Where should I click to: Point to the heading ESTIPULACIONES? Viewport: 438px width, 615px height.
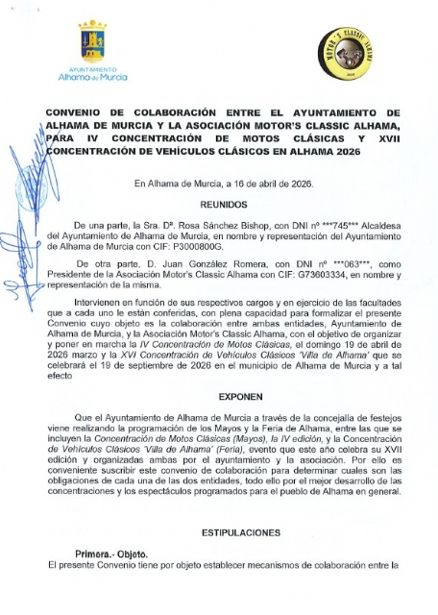241,531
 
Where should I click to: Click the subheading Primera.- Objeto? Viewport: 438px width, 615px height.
111,554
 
